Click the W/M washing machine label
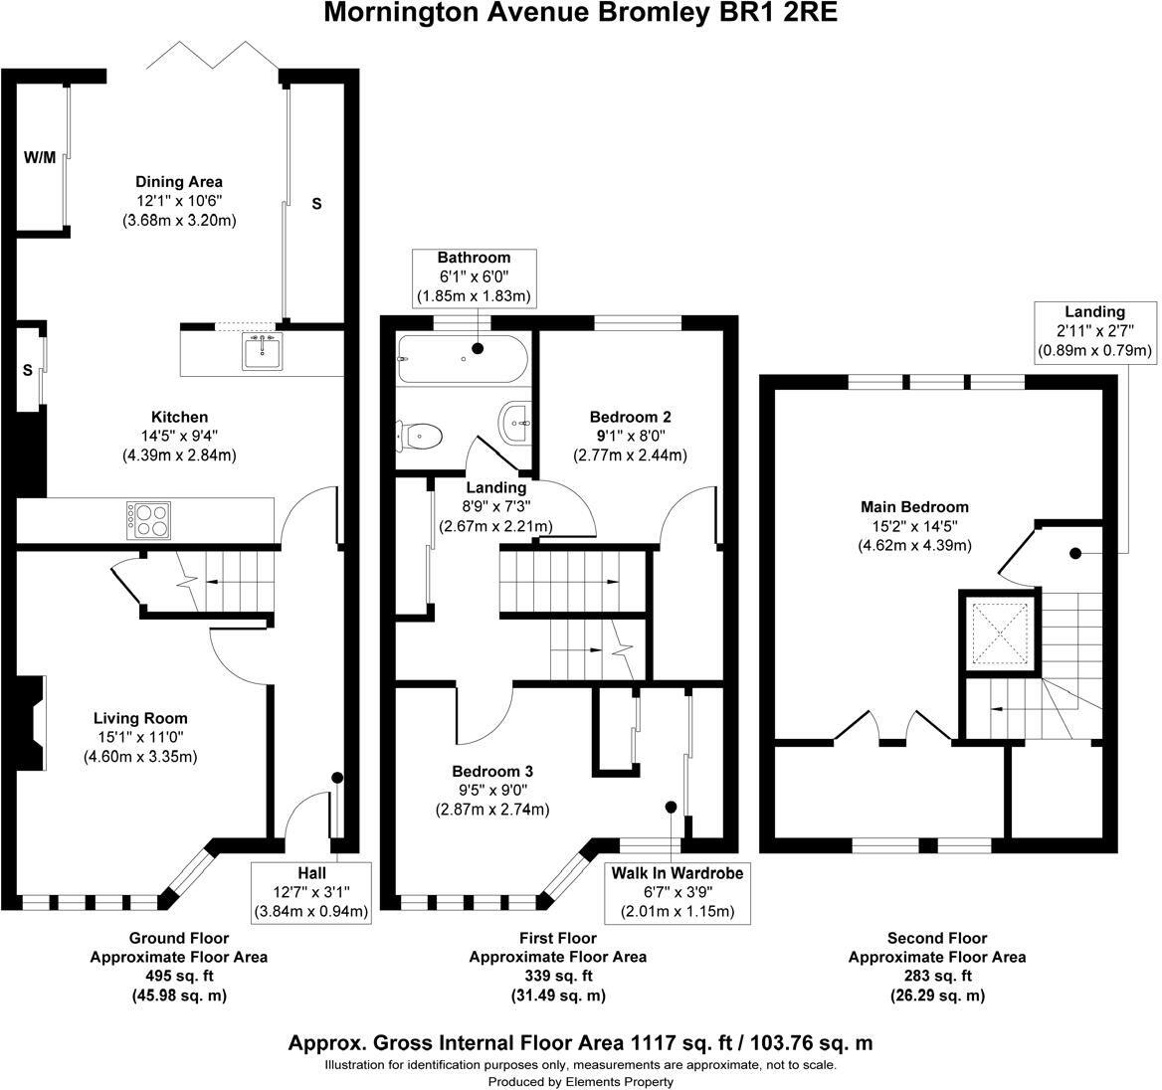point(40,157)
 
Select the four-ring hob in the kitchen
point(146,520)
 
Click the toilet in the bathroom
point(421,434)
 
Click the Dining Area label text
point(179,182)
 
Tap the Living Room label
point(140,718)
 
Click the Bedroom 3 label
point(492,772)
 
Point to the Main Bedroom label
point(914,507)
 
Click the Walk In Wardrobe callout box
point(677,892)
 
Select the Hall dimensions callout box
point(311,891)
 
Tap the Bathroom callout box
point(476,277)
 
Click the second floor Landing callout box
point(1094,331)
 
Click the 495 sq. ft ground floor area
point(179,976)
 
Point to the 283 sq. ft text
point(936,976)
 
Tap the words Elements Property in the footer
point(620,1081)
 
